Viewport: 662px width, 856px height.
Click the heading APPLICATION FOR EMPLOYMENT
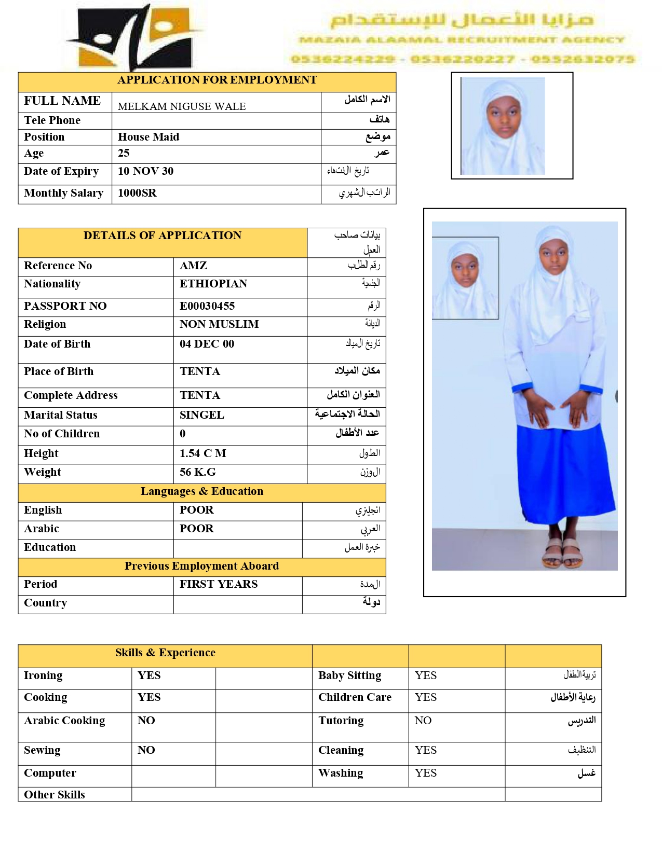tap(217, 80)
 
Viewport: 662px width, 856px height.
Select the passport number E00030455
tap(207, 306)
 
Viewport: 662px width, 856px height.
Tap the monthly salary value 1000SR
tap(137, 193)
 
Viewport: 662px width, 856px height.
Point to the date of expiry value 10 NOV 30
tap(145, 171)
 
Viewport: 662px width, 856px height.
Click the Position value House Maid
tap(148, 137)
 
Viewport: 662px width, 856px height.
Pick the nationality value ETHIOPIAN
tap(213, 284)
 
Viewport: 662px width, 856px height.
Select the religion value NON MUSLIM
tap(219, 324)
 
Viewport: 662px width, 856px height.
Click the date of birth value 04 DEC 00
tap(207, 344)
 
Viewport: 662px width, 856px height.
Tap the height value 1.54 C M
tap(202, 453)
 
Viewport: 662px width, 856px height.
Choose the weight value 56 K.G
tap(197, 472)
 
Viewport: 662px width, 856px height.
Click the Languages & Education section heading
tap(202, 491)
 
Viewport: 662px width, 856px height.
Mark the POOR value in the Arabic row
tap(196, 529)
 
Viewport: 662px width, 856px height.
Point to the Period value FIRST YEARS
tap(219, 584)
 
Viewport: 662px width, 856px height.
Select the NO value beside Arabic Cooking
tap(146, 721)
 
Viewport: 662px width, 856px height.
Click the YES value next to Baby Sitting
tap(426, 675)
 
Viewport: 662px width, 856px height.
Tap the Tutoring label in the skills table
tap(341, 721)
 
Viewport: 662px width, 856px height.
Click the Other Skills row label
tap(55, 795)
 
